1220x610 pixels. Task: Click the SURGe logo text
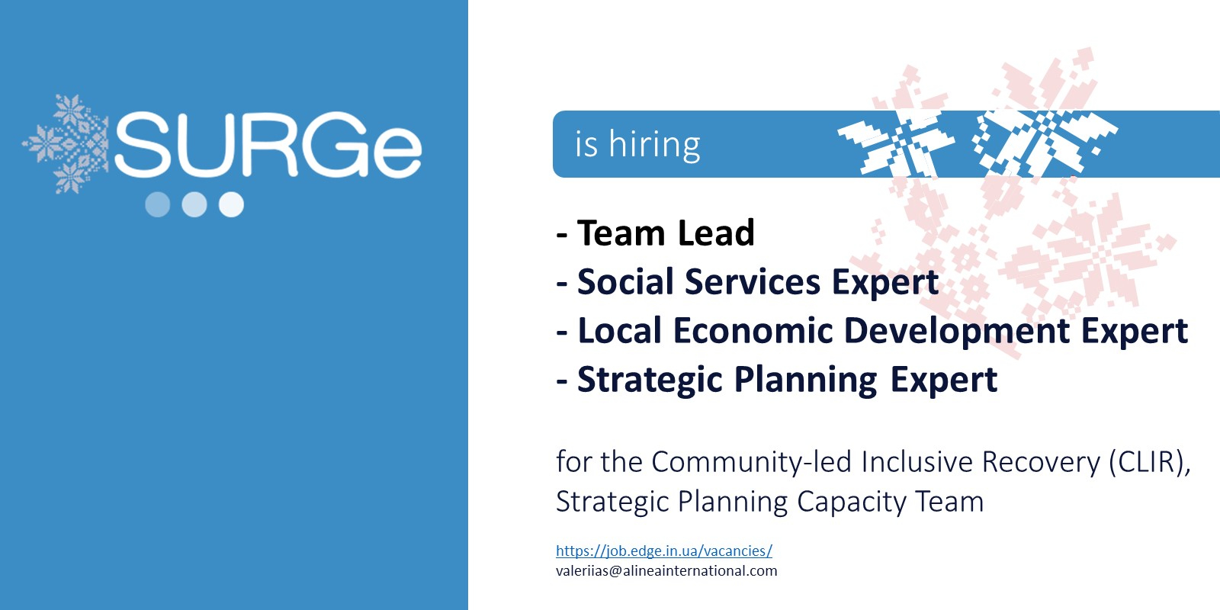[x=268, y=144]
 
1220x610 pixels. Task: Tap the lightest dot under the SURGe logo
[x=231, y=204]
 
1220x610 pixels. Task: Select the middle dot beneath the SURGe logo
[x=194, y=204]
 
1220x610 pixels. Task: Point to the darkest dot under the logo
[x=157, y=204]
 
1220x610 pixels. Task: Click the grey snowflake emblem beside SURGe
[x=66, y=144]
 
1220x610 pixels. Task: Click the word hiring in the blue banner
[x=654, y=144]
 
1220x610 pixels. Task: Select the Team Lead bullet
[x=655, y=233]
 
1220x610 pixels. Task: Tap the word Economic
[x=753, y=330]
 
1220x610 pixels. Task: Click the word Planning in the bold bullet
[x=805, y=380]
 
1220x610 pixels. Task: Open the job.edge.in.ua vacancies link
[x=664, y=551]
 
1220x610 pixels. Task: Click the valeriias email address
[x=666, y=571]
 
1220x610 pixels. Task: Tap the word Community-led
[x=752, y=463]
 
